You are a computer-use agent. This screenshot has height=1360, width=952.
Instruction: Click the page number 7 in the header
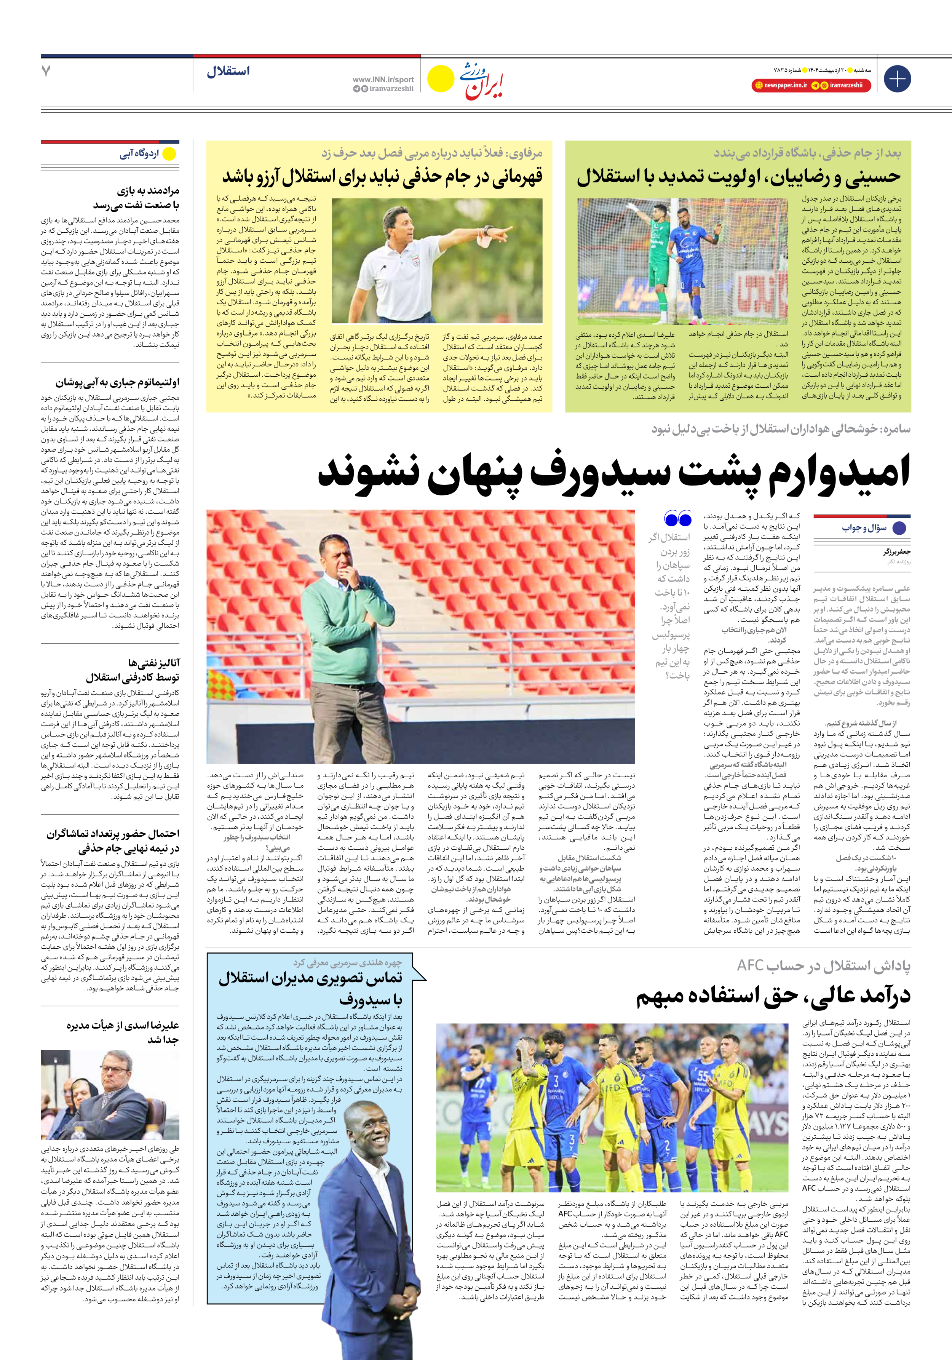(x=46, y=71)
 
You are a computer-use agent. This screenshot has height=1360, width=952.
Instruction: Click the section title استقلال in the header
(x=228, y=72)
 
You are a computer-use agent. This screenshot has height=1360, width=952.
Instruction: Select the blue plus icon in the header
(x=897, y=79)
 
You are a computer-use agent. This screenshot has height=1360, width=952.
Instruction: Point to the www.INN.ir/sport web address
(x=383, y=79)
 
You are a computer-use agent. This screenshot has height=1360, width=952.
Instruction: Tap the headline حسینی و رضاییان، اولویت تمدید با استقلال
(x=738, y=176)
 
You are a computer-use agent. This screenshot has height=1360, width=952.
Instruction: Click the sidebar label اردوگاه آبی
(x=140, y=154)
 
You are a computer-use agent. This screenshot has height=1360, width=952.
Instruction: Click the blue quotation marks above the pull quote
(x=678, y=519)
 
